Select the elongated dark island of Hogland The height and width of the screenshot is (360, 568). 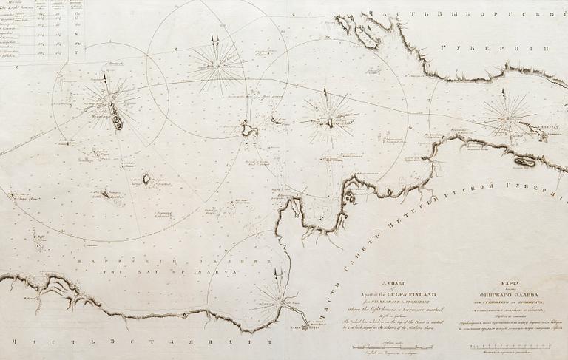tap(116, 115)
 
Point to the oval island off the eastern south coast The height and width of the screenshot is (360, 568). tap(525, 160)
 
